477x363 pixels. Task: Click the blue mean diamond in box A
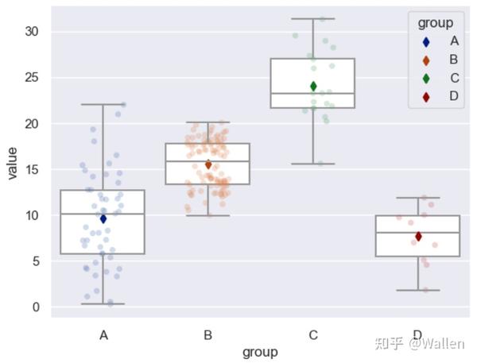click(103, 218)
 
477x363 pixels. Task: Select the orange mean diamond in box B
click(208, 165)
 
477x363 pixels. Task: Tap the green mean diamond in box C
click(313, 86)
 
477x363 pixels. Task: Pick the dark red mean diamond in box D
click(418, 237)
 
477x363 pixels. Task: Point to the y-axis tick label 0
click(35, 307)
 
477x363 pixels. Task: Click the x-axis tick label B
click(208, 335)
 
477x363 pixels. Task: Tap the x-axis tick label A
click(103, 335)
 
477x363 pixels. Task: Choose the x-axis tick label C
click(313, 335)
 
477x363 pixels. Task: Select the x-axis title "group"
click(260, 352)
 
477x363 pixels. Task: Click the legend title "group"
click(436, 23)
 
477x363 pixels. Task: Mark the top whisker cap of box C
click(313, 18)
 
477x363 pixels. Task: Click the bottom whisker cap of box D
click(418, 290)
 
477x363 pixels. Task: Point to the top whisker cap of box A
click(103, 104)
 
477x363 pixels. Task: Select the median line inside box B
click(208, 161)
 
